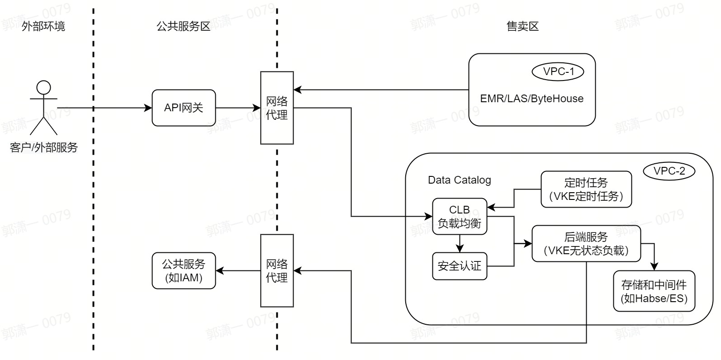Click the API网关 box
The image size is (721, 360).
point(184,108)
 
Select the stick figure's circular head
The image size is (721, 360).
point(44,87)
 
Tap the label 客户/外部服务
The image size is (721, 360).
point(44,147)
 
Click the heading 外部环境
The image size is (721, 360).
point(43,26)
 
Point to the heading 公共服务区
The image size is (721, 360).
point(184,26)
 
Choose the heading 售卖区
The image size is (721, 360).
point(522,26)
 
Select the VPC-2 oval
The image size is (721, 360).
point(669,171)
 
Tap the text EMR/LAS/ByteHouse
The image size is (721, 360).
point(531,99)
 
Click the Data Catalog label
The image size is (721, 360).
point(459,180)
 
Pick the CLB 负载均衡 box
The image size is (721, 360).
point(460,216)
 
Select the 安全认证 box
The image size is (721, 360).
point(460,266)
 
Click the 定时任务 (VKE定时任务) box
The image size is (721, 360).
point(586,189)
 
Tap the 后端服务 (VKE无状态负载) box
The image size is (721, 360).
point(586,243)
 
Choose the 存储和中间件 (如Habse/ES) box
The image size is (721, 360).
point(654,291)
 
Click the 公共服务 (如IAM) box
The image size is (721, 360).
point(184,270)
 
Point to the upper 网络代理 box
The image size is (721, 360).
point(277,108)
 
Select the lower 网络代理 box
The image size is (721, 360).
point(277,270)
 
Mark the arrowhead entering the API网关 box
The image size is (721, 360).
point(148,108)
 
